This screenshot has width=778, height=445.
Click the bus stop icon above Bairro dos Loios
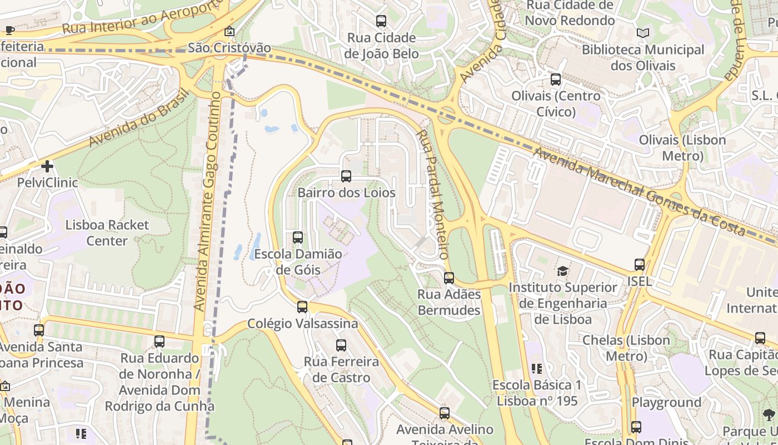coord(346,176)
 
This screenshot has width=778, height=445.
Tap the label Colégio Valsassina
coord(302,323)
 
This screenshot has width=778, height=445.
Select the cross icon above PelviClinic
coord(47,166)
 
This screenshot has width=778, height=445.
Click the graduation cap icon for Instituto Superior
coord(563,271)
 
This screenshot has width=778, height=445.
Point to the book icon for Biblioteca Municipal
coord(643,33)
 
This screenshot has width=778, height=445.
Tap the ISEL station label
coord(640,281)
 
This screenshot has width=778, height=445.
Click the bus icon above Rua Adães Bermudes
coord(448,278)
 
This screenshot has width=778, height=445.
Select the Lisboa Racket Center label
coord(107,233)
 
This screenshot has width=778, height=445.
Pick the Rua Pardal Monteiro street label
coord(433,195)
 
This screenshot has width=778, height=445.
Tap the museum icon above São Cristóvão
coord(229,32)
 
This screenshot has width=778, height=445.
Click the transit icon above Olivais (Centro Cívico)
coord(556,80)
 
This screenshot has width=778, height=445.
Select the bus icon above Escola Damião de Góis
coord(298,238)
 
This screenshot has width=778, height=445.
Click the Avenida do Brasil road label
coord(139,117)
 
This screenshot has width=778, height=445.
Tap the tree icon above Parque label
coord(769,414)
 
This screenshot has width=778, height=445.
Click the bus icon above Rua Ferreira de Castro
coord(341,345)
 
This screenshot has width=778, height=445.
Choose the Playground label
coord(666,402)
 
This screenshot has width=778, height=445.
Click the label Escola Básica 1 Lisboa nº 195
coord(537,393)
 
